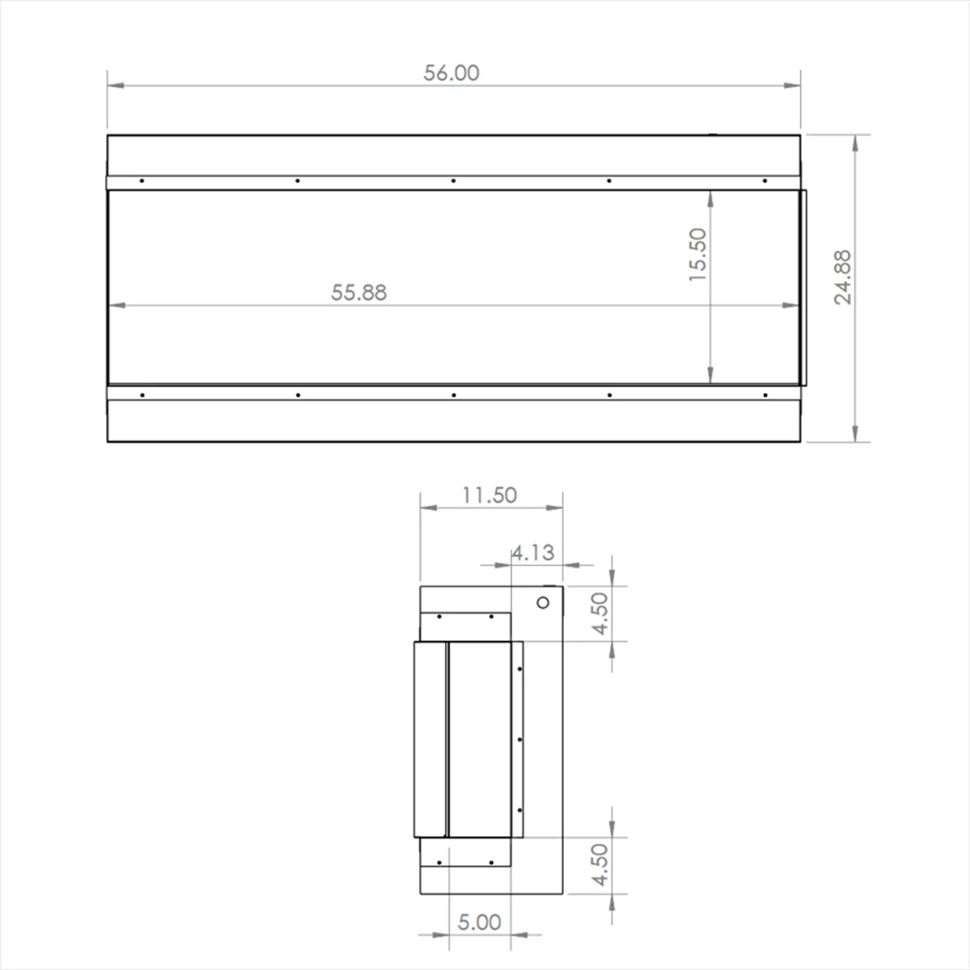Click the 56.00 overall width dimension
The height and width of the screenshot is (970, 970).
coord(451,73)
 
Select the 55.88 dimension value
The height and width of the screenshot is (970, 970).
coord(359,292)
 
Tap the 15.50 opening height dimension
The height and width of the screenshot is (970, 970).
coord(698,254)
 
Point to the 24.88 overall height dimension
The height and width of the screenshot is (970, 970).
coord(843,277)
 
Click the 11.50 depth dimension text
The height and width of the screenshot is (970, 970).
coord(490,495)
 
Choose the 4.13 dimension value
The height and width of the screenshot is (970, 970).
coord(533,553)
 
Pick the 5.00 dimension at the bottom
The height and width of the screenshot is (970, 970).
coord(479,922)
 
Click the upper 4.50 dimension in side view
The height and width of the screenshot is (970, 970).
coord(600,613)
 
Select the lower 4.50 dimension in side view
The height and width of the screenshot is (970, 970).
coord(600,865)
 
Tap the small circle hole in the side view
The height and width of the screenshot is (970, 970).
coord(543,603)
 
